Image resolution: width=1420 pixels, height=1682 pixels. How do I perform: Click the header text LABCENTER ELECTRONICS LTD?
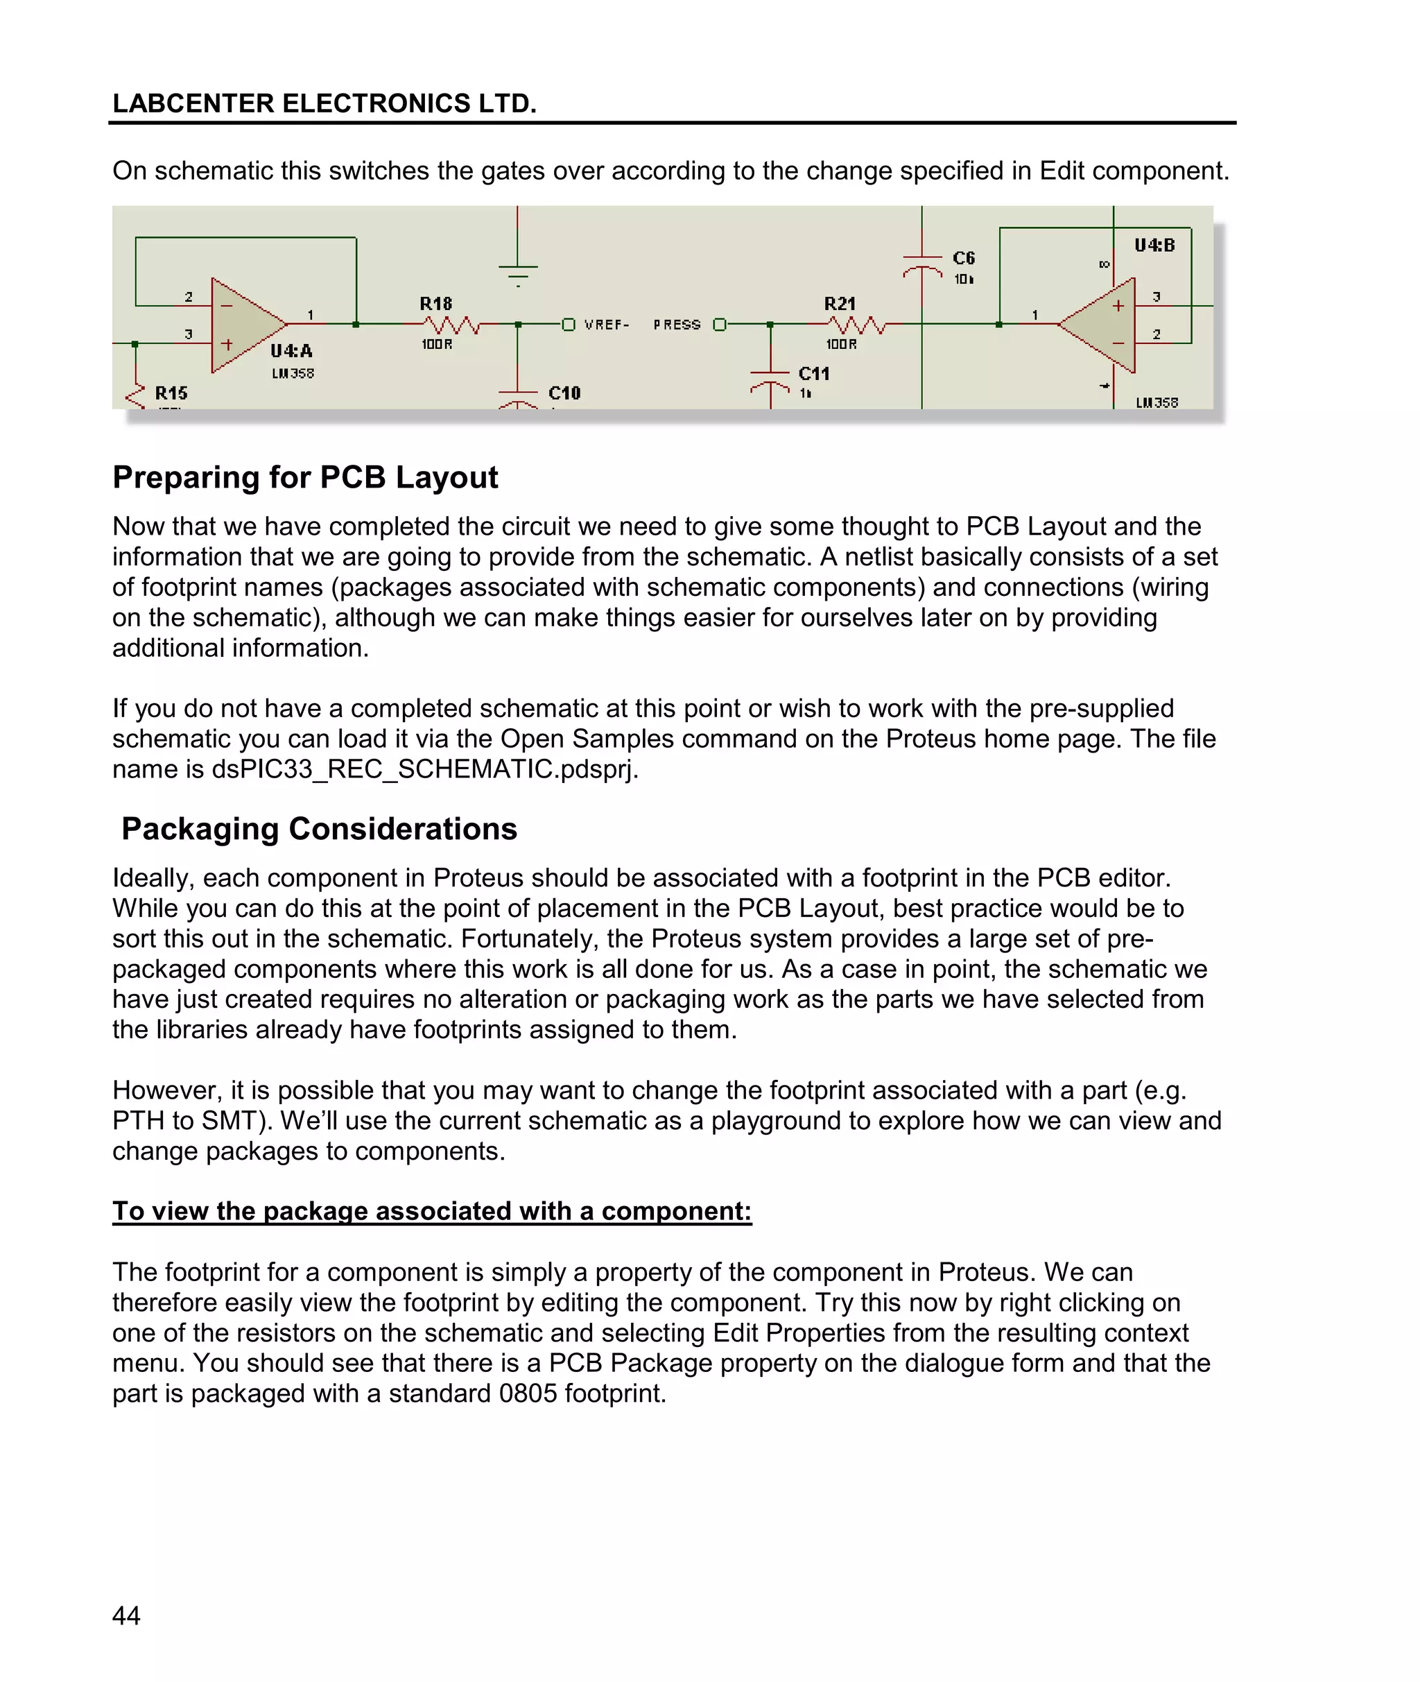click(x=324, y=103)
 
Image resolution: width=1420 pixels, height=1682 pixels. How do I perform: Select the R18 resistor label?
click(x=435, y=304)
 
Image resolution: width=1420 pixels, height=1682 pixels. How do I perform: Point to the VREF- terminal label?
click(x=606, y=325)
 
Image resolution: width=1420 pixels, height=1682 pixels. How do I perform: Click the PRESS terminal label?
click(x=676, y=325)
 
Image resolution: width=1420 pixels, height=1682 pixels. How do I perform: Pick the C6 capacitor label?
click(x=964, y=257)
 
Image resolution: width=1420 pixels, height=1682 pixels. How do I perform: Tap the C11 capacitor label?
click(x=814, y=374)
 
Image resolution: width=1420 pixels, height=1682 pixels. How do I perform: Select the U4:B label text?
click(x=1154, y=245)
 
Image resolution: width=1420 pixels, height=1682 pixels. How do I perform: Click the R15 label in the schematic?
click(x=171, y=393)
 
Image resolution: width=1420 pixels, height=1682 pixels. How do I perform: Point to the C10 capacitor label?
click(x=564, y=393)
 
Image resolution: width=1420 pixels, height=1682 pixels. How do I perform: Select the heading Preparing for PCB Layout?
click(x=305, y=477)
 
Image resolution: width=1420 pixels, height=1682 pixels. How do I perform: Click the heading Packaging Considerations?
click(x=319, y=830)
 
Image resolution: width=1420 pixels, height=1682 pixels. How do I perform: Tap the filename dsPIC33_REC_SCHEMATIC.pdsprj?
click(x=424, y=769)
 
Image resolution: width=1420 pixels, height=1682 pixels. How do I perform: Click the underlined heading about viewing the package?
click(x=431, y=1211)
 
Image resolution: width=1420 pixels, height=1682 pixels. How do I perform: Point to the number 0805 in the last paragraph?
click(x=527, y=1393)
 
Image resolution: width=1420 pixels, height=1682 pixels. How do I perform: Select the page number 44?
click(x=126, y=1615)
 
